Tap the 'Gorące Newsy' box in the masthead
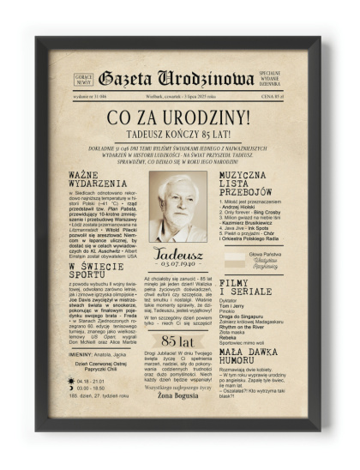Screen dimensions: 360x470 (x=84, y=79)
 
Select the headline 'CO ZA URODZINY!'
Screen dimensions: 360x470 (x=179, y=117)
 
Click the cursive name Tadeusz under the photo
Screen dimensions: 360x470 (x=178, y=254)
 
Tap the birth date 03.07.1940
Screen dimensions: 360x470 (x=178, y=266)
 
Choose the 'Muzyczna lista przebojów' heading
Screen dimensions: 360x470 (x=249, y=185)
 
